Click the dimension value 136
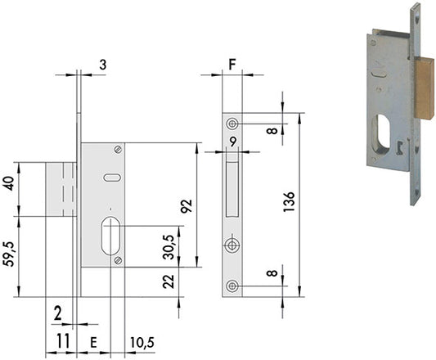[x=289, y=202]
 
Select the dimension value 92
[x=187, y=206]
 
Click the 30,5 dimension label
[x=169, y=247]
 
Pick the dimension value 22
[x=169, y=281]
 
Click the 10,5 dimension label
[x=142, y=342]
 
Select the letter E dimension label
[x=94, y=343]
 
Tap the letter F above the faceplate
[x=232, y=65]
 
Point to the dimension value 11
[x=63, y=341]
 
